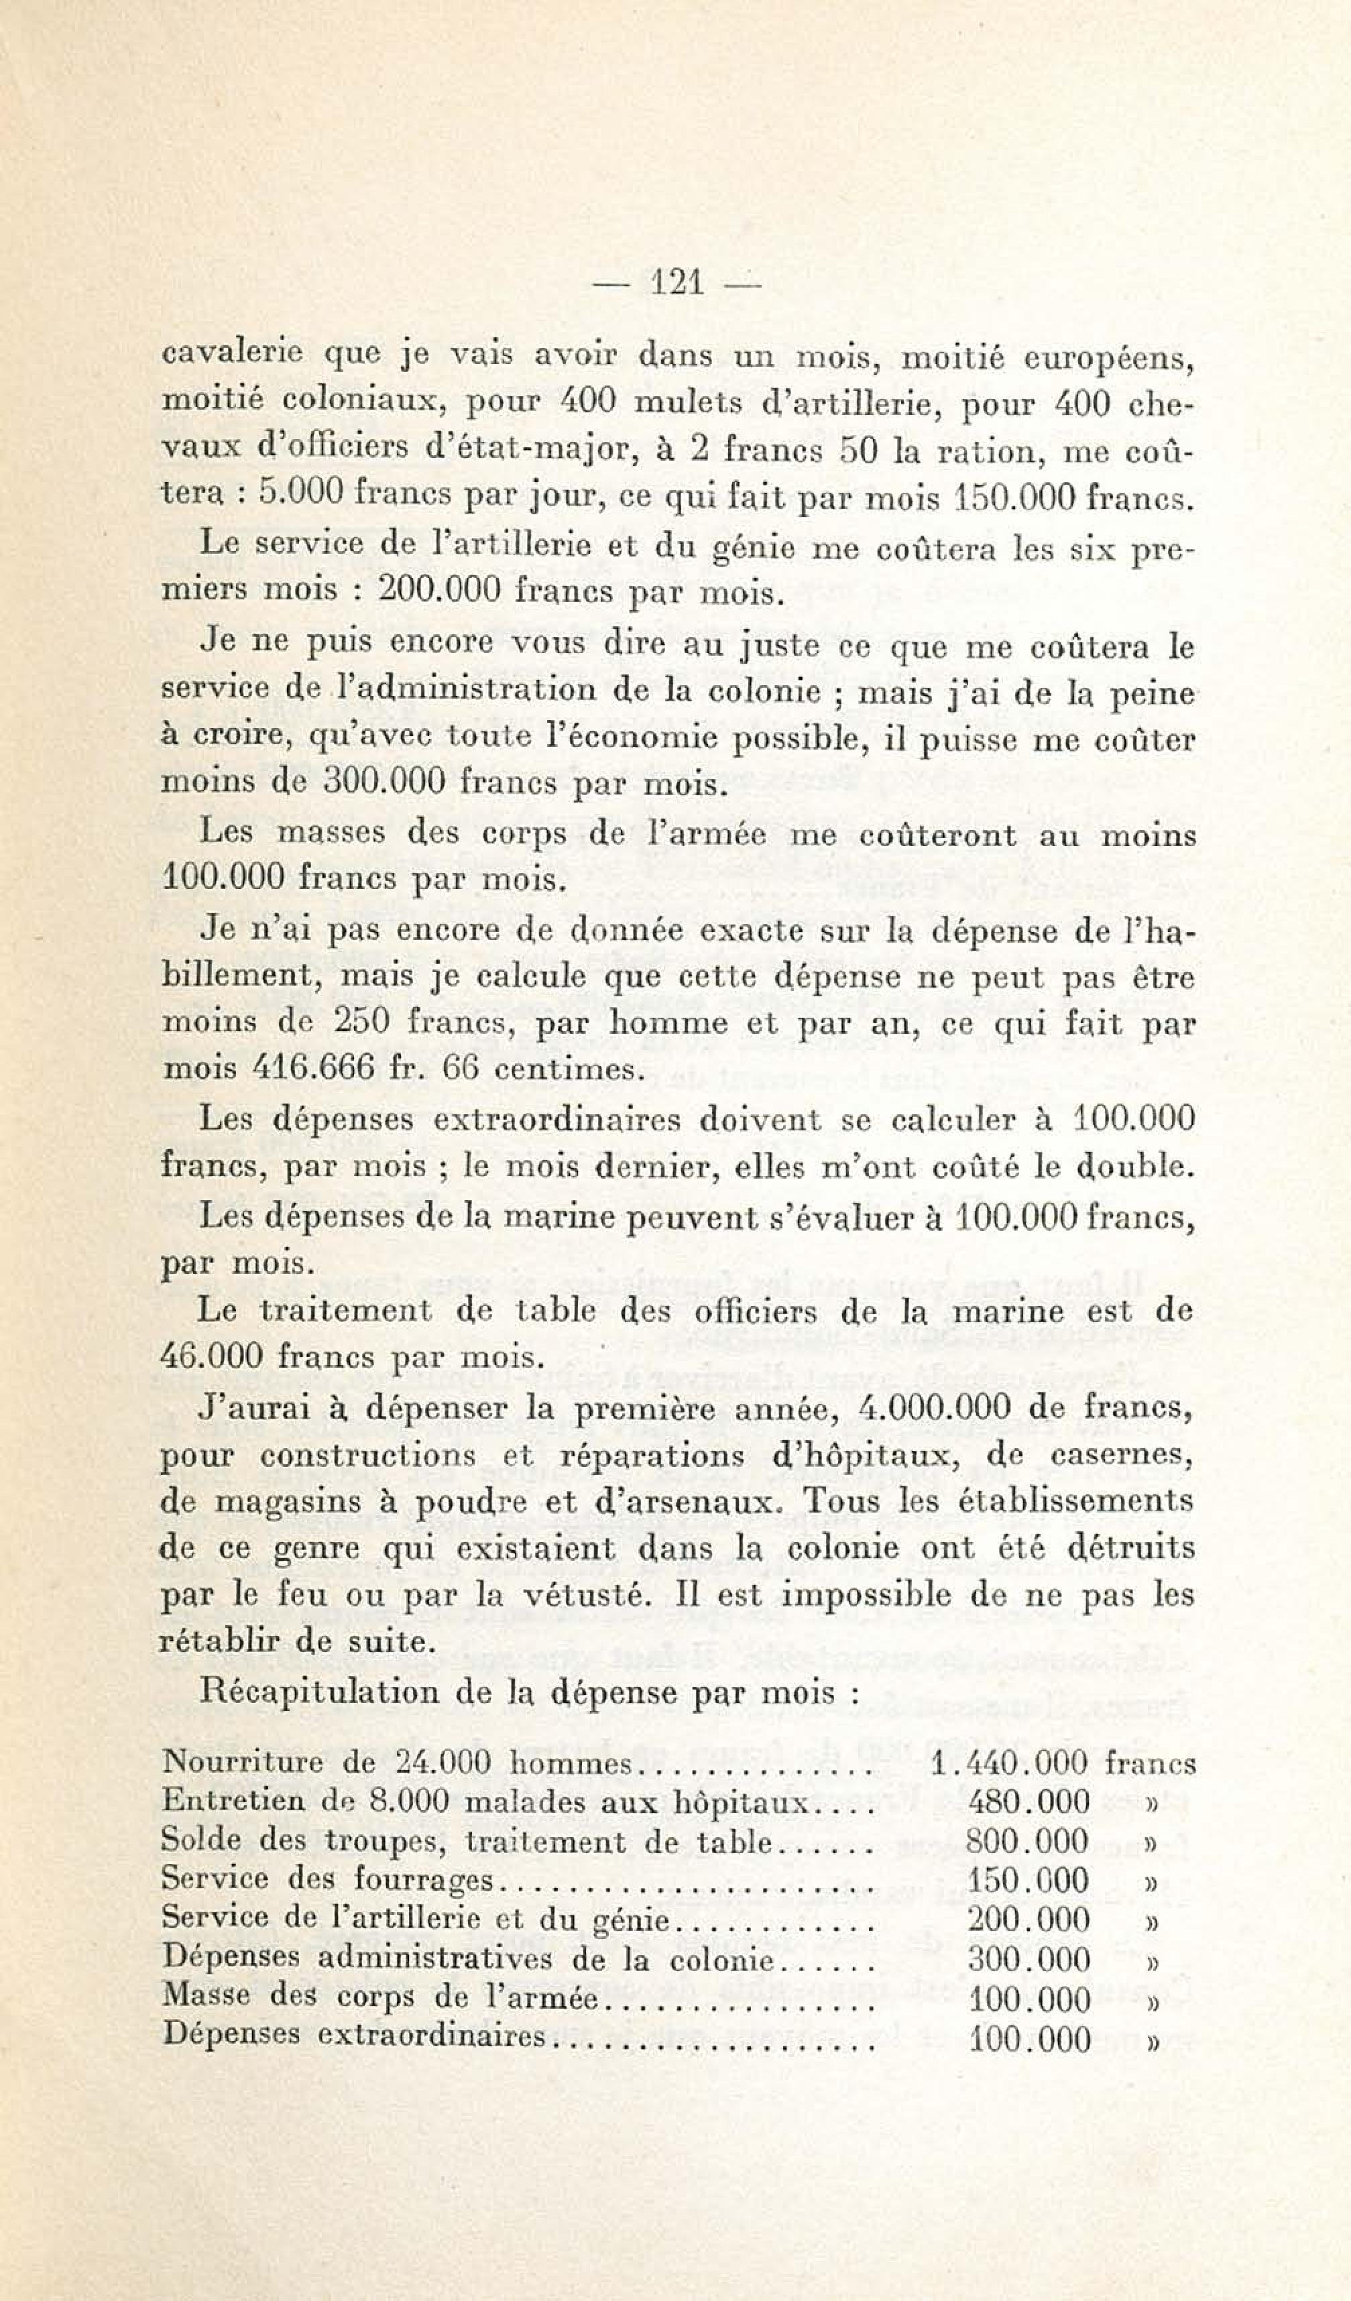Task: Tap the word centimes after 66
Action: (568, 1068)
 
